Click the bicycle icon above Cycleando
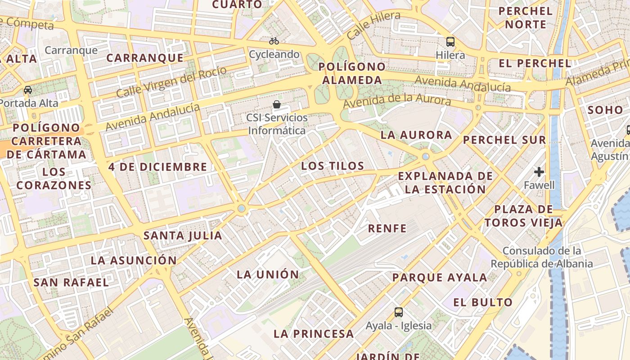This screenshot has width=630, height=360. tap(274, 41)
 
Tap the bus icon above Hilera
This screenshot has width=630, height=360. tap(450, 42)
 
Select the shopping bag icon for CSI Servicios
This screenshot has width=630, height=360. tap(277, 105)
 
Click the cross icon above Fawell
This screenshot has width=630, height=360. tap(539, 171)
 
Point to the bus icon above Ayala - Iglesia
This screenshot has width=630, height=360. tap(399, 312)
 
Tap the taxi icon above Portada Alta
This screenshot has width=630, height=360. tap(28, 90)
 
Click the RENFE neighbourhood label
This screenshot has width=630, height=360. tap(387, 229)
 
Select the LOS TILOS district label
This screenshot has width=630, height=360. tap(333, 166)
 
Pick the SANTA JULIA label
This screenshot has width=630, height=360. tap(183, 235)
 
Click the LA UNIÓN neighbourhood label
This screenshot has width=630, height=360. tap(268, 274)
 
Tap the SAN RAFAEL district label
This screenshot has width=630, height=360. tap(71, 283)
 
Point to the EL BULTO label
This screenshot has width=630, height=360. tap(483, 302)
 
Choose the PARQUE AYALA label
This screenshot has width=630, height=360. tap(440, 278)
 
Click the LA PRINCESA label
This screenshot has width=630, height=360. tap(314, 334)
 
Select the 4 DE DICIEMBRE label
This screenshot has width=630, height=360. tap(157, 167)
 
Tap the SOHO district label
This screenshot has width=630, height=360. tap(605, 110)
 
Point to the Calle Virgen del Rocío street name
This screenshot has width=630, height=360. tap(171, 81)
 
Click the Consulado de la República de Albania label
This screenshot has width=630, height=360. tap(541, 257)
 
